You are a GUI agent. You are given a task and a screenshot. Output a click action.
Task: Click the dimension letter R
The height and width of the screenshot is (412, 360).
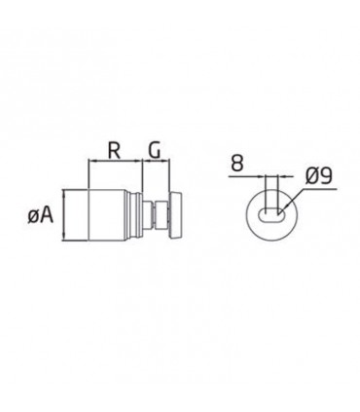click(115, 151)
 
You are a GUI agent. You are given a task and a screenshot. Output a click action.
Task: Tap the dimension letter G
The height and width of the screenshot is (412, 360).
click(155, 151)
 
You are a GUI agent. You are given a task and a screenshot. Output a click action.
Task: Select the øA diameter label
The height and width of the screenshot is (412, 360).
click(40, 215)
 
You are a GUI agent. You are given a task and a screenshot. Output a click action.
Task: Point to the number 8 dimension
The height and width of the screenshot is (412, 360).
click(237, 164)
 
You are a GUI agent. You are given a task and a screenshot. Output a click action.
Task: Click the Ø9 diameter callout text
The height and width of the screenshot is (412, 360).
click(318, 177)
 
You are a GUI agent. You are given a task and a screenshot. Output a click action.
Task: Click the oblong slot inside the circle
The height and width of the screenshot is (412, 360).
click(271, 215)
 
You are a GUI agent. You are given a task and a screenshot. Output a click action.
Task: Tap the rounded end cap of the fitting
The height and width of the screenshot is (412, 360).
click(175, 215)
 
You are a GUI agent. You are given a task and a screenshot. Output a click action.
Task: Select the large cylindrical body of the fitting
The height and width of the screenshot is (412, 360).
click(106, 215)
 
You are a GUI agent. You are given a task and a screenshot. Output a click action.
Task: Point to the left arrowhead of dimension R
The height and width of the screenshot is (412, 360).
click(91, 161)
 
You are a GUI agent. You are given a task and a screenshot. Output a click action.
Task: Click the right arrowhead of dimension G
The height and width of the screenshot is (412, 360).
click(166, 161)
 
